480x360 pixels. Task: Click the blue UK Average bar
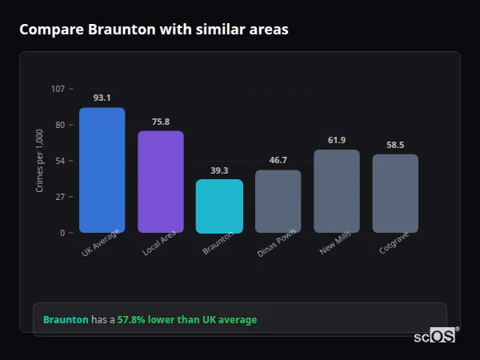[x=102, y=170]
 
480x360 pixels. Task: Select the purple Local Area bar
[x=161, y=182]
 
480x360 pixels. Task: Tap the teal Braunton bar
[x=219, y=206]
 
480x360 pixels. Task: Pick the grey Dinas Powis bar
[x=278, y=202]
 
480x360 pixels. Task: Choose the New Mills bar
[x=337, y=191]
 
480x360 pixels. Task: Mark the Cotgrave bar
[x=395, y=194]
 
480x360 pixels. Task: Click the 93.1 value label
[x=102, y=98]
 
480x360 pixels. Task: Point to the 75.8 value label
[x=161, y=122]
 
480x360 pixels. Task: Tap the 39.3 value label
[x=219, y=170]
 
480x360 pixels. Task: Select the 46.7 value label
[x=278, y=160]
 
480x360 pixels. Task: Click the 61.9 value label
[x=337, y=140]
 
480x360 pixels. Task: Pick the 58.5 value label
[x=395, y=145]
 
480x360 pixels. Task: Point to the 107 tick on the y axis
[x=58, y=89]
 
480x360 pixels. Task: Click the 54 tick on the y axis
[x=60, y=161]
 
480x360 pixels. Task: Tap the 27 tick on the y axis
[x=60, y=197]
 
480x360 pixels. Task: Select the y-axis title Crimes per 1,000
[x=39, y=161]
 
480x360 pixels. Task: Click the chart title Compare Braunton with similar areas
[x=154, y=30]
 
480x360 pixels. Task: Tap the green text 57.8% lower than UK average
[x=187, y=320]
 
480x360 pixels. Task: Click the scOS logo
[x=435, y=337]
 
